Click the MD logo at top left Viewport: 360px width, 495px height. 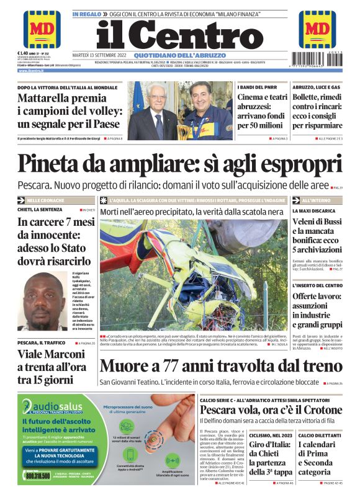coord(42,29)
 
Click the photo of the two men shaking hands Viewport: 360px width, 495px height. coord(180,110)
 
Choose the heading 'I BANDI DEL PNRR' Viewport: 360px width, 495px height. coord(255,87)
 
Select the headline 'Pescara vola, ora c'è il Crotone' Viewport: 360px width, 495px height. coord(271,410)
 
